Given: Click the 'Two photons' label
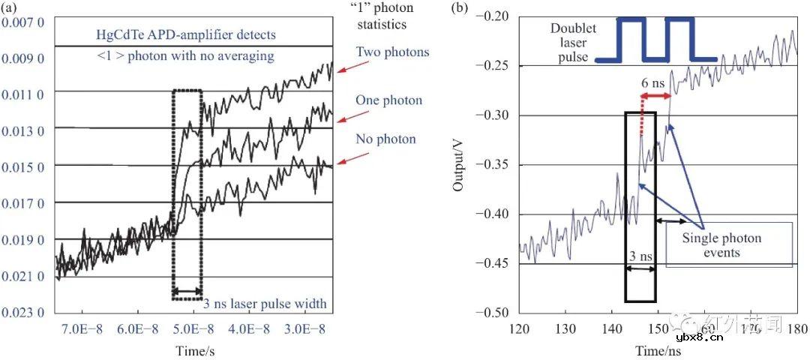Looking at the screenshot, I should coord(393,52).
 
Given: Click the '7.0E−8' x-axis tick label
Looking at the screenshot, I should coord(80,331).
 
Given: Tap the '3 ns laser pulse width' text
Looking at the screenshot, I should coord(265,304).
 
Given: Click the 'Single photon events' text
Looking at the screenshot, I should coord(721,245).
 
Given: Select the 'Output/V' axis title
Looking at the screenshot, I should coord(458,161).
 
